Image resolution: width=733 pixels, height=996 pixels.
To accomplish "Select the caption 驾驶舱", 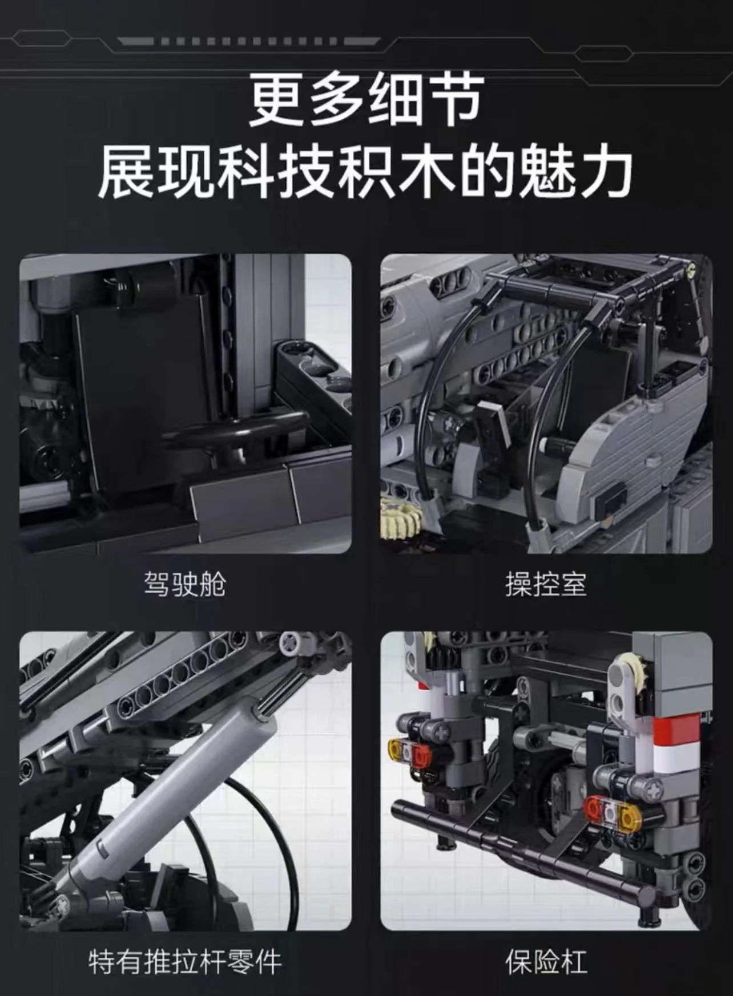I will pos(185,584).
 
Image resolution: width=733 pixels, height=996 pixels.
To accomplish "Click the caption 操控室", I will pos(546,584).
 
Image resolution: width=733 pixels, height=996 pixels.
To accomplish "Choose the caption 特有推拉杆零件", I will pos(185,961).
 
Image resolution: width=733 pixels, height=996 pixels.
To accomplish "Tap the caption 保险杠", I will pos(546,961).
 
